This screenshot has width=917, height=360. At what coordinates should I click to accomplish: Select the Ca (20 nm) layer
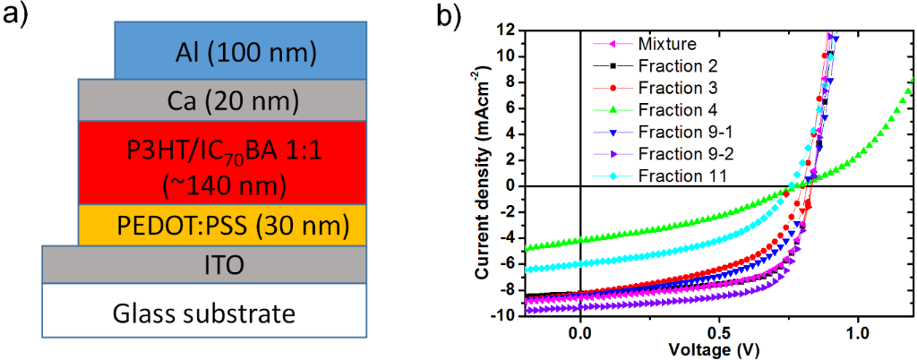221,100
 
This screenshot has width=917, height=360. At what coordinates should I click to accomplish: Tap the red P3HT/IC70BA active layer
221,162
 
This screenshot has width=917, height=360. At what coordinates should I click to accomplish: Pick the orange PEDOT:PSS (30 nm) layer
221,224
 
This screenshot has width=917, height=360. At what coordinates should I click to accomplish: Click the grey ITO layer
204,264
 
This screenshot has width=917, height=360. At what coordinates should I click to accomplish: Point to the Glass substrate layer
204,313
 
